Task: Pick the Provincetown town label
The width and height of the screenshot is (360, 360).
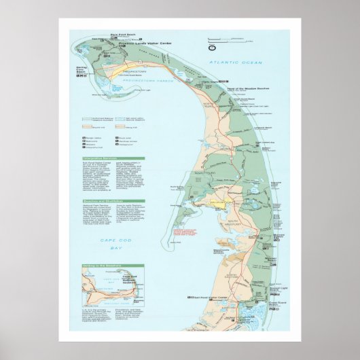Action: click(134, 71)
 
